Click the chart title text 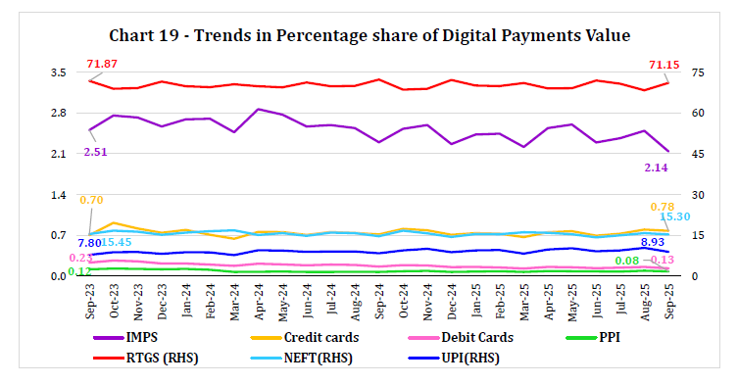369,35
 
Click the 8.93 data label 654,241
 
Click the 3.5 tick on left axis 58,72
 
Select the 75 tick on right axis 697,72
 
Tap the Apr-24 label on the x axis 258,298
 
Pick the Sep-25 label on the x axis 668,298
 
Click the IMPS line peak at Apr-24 258,110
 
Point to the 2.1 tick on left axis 58,154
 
